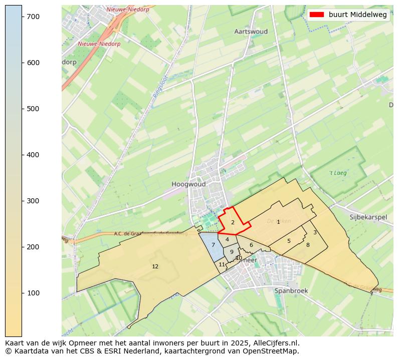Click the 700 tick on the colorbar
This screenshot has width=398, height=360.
pos(22,17)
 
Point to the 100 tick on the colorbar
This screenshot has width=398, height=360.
pos(22,293)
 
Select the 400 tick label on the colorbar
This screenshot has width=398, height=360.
pos(33,155)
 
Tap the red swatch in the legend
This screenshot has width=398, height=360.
pos(317,15)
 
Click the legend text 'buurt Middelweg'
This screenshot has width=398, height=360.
pos(357,15)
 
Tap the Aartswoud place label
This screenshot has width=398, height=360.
pos(251,32)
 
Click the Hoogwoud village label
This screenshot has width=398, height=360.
pos(188,184)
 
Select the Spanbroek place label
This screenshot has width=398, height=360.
pos(291,290)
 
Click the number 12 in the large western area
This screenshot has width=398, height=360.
pos(155,266)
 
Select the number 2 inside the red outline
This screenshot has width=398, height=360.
pos(233,222)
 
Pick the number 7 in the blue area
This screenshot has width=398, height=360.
pos(213,245)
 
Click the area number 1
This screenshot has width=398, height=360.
pos(278,222)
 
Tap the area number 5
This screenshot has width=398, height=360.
pos(289,241)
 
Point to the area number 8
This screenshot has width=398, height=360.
pos(308,245)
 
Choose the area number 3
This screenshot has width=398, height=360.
pos(315,232)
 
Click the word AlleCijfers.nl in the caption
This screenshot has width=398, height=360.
pos(277,343)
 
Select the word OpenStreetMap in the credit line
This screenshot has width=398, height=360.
pos(273,351)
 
